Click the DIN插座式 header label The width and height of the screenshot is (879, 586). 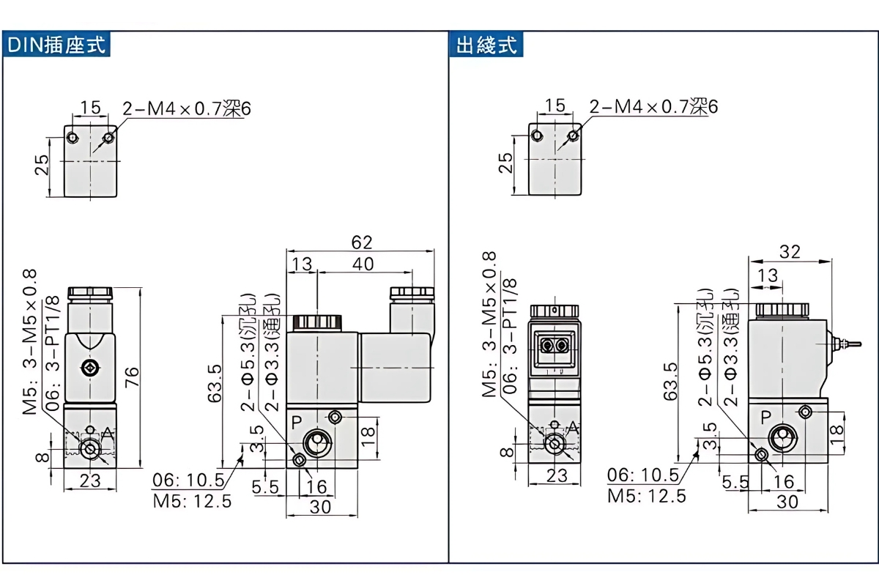57,45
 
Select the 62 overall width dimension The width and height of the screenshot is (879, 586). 362,242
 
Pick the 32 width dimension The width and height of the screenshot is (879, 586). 789,252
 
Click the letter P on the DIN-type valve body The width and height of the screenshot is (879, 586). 297,423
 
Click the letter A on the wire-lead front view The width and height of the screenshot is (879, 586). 574,428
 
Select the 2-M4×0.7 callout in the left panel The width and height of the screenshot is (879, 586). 187,108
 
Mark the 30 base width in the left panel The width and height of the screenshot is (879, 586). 321,506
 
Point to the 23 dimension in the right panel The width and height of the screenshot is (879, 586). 557,475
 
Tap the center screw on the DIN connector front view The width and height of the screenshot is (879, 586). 89,368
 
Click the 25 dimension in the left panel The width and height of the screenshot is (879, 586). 42,166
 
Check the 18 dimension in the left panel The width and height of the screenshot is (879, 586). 368,431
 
